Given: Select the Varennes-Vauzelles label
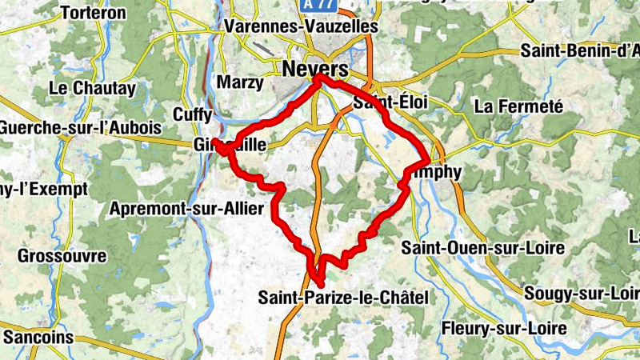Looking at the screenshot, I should coord(302,26).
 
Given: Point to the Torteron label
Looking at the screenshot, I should coord(94,13).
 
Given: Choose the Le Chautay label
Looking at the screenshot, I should coord(93,88).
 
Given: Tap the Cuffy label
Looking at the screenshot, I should coord(194,115).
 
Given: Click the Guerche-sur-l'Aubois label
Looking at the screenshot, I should coord(80,128).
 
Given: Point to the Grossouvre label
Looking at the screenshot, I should coord(62,257).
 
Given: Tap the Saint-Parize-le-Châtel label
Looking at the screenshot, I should coord(343,298).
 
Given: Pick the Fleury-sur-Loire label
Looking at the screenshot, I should coord(504,329).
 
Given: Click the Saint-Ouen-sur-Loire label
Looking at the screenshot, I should coord(483,248).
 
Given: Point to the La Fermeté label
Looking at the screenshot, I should coord(519,106).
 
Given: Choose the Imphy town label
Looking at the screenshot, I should coord(436,172).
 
